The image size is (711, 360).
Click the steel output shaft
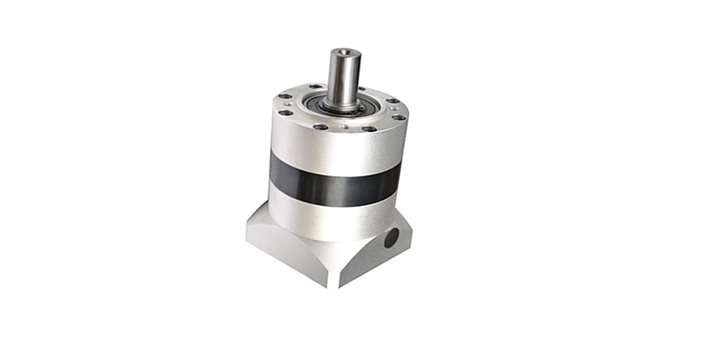343,76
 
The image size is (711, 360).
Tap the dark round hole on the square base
391,239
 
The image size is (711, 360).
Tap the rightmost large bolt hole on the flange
397,117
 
